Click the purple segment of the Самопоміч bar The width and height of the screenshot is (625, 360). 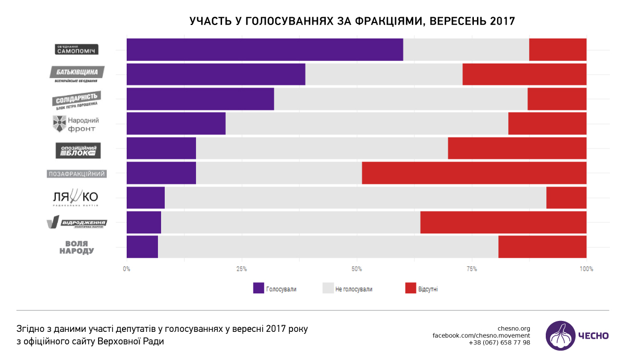point(264,49)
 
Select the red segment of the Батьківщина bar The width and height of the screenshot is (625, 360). point(524,74)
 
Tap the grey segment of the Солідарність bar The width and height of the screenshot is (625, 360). point(400,99)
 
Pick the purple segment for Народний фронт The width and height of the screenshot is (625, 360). point(176,123)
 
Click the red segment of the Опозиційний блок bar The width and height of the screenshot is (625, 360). point(517,148)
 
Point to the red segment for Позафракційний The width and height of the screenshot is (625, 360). point(474,173)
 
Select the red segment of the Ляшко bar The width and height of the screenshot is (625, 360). point(566,197)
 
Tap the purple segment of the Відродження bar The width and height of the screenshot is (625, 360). point(144,222)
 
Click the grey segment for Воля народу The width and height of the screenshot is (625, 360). point(328,247)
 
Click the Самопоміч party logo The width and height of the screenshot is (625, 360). point(77,49)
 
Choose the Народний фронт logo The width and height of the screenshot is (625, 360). point(76,123)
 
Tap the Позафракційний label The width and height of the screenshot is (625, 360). point(77,173)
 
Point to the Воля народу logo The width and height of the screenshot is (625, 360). point(77,247)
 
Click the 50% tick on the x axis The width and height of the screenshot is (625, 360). point(357,269)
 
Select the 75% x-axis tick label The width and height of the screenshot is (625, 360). point(472,269)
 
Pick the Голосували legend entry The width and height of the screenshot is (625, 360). point(275,289)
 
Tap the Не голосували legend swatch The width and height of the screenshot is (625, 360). point(328,289)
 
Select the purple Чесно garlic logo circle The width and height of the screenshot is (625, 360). point(560,336)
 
